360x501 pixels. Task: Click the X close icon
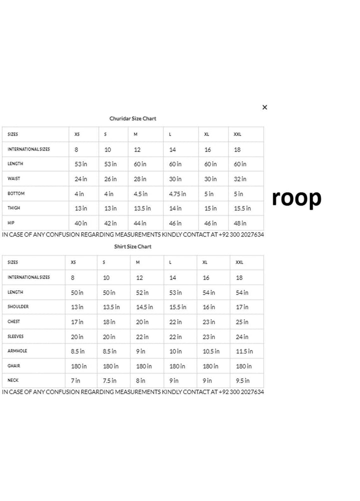tap(264, 107)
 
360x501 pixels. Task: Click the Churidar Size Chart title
tap(132, 118)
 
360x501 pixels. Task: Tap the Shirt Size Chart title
tap(132, 246)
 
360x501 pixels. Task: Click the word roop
tap(296, 198)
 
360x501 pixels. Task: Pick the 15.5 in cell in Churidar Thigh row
tap(242, 208)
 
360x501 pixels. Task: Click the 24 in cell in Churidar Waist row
tap(80, 179)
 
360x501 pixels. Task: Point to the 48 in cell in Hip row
tap(240, 223)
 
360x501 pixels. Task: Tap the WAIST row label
tap(14, 178)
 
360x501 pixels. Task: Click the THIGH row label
tap(14, 208)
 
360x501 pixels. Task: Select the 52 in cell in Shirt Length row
tap(142, 292)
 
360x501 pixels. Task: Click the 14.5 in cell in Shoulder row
tap(144, 307)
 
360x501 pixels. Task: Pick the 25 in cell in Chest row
tap(242, 322)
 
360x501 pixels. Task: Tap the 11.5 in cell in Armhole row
tap(244, 351)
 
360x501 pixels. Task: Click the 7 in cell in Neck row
tap(75, 380)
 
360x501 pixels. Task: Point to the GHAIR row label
tap(14, 365)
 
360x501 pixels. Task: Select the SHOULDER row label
tap(18, 306)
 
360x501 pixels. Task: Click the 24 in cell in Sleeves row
tap(242, 337)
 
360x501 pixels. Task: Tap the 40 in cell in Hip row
tap(80, 223)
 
